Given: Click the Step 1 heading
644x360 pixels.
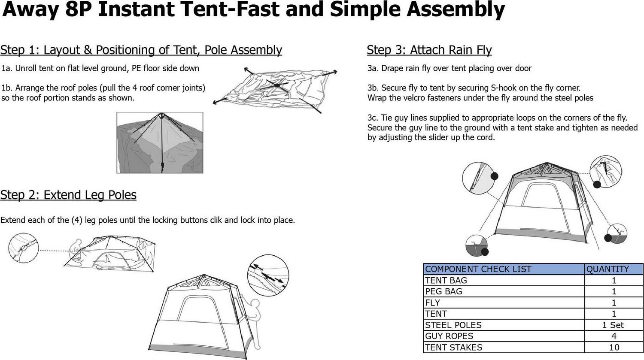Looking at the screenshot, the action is coord(141,50).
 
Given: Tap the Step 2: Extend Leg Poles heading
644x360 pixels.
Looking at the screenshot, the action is coord(68,195).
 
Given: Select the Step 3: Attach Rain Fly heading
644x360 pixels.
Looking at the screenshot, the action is coord(429,50).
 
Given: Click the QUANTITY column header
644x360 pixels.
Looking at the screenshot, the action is coord(608,269).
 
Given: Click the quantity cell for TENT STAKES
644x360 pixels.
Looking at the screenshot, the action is coord(614,348).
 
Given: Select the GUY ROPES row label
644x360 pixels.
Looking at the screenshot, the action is coord(449,336).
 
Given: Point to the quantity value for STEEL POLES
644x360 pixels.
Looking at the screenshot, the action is coord(613,325).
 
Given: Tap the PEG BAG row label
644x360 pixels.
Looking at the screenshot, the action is coord(444,291).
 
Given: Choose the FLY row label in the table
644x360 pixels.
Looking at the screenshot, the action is coord(432,303).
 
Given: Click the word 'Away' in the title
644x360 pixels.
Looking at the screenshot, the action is coord(31,10).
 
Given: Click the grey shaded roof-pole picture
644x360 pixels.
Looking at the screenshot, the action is coord(160,143).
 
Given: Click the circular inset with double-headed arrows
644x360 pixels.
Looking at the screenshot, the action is coord(268,275).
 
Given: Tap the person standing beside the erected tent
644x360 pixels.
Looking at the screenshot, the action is coord(252,322).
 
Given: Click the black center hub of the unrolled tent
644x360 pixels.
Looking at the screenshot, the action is coord(276,85).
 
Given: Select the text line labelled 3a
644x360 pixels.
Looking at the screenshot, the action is coord(450,68).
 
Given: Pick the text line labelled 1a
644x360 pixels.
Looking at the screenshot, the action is coord(100,68).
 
